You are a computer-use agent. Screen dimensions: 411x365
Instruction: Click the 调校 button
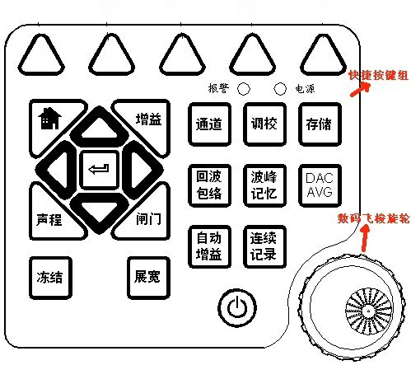point(264,124)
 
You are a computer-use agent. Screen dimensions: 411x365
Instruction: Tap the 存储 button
point(320,124)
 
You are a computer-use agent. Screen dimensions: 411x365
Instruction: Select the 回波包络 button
point(209,185)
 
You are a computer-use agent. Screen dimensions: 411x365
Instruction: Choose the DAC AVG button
point(320,185)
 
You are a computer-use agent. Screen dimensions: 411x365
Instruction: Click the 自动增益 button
point(209,246)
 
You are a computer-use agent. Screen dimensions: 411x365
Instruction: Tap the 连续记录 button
point(264,246)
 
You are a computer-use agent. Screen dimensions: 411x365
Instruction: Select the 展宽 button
point(148,278)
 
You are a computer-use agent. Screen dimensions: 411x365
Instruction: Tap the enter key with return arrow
point(99,170)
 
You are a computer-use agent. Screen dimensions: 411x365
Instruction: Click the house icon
point(49,119)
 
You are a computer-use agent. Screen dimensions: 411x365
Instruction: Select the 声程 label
point(49,220)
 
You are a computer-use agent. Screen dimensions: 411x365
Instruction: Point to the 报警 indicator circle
point(244,89)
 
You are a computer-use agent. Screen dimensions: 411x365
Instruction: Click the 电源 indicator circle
point(280,89)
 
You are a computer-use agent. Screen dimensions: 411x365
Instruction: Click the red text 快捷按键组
point(378,75)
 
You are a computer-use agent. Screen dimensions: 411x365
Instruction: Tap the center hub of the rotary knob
point(368,311)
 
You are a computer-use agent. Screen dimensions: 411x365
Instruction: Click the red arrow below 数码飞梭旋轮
point(365,238)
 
